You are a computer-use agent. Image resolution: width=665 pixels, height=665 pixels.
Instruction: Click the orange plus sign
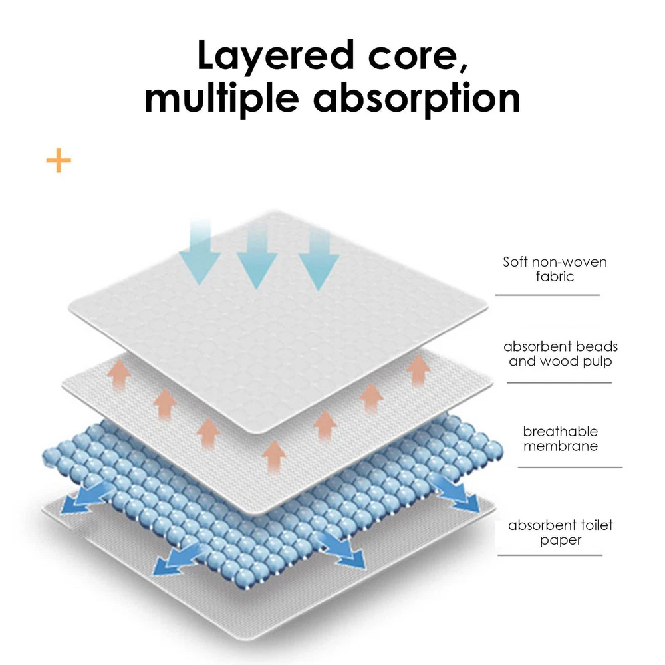click(x=59, y=160)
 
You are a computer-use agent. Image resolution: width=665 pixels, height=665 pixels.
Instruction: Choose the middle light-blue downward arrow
click(x=257, y=256)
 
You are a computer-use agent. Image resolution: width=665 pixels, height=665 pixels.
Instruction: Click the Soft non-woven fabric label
click(x=555, y=269)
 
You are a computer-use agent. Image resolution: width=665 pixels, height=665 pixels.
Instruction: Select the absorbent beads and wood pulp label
click(x=560, y=354)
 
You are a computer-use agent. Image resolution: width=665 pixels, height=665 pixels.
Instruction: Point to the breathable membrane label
click(x=560, y=439)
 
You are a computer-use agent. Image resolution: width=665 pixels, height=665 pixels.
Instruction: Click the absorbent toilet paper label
click(x=560, y=533)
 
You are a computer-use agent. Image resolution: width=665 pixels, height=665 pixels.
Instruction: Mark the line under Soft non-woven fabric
click(x=547, y=295)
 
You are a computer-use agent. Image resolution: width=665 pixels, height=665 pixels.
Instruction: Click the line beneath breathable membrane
click(x=569, y=467)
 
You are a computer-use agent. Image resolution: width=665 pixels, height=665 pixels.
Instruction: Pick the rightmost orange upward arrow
click(x=418, y=370)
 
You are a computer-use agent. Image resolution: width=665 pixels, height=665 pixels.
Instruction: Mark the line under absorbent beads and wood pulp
click(x=559, y=382)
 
